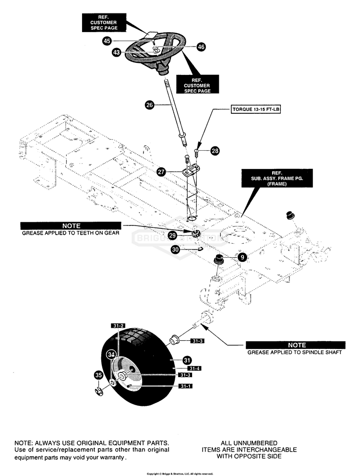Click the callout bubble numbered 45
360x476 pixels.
click(107, 41)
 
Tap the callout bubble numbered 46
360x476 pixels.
click(201, 47)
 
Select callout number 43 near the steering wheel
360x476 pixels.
click(116, 52)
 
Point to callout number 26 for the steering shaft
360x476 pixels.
click(150, 106)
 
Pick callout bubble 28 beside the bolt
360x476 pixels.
click(215, 151)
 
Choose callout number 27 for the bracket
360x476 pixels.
click(161, 172)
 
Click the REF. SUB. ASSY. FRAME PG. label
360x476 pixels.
click(277, 178)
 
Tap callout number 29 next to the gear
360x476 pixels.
click(172, 235)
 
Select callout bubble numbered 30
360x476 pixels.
click(176, 250)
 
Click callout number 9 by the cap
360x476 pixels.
click(242, 257)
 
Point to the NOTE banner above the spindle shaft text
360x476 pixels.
click(295, 345)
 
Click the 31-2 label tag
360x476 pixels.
click(118, 326)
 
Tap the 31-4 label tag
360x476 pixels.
click(194, 369)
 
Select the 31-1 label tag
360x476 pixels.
click(186, 386)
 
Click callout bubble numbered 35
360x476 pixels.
click(98, 375)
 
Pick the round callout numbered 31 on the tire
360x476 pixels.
click(187, 360)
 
